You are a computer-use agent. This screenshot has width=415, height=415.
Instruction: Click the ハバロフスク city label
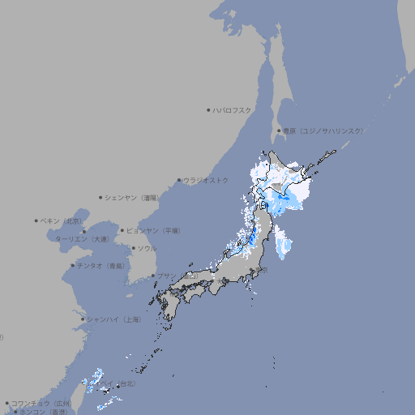pyautogui.click(x=233, y=109)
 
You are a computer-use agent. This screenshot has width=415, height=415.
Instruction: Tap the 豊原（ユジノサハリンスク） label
pyautogui.click(x=323, y=130)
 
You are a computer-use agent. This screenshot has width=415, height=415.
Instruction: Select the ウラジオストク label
pyautogui.click(x=206, y=180)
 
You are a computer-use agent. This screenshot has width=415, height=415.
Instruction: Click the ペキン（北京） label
pyautogui.click(x=62, y=220)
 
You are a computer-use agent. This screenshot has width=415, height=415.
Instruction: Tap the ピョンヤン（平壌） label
pyautogui.click(x=153, y=230)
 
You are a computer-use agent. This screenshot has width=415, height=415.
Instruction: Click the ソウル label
pyautogui.click(x=146, y=248)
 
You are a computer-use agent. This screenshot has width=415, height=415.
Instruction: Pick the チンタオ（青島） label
pyautogui.click(x=101, y=265)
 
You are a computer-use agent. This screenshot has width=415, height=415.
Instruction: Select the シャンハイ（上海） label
pyautogui.click(x=113, y=319)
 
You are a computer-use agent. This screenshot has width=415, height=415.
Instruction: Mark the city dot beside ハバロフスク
pyautogui.click(x=208, y=109)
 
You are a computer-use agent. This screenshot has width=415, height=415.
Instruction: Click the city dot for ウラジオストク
pyautogui.click(x=179, y=180)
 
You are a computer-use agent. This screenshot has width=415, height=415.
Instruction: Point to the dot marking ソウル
pyautogui.click(x=133, y=248)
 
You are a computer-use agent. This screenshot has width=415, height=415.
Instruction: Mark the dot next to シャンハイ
pyautogui.click(x=83, y=319)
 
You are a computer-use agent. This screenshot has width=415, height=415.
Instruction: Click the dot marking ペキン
pyautogui.click(x=36, y=220)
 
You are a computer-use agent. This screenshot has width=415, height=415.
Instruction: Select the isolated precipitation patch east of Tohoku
pyautogui.click(x=282, y=242)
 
